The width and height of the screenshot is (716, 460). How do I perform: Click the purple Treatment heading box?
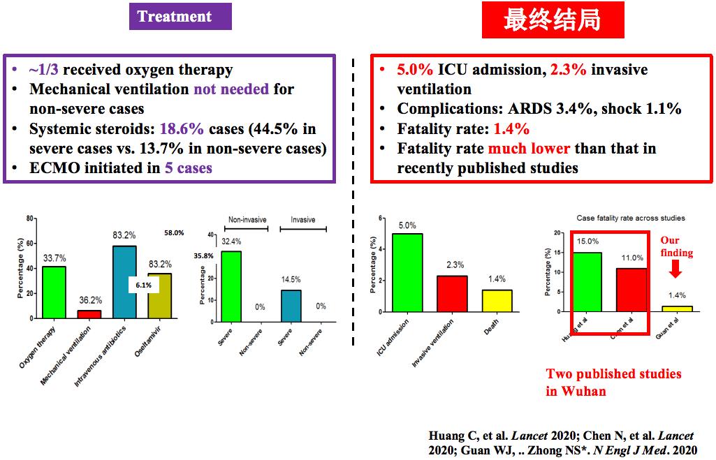pyautogui.click(x=180, y=17)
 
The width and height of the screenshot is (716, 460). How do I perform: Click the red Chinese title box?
pyautogui.click(x=553, y=20)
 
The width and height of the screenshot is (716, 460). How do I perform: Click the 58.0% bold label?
pyautogui.click(x=174, y=232)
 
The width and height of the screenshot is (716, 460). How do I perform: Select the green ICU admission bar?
pyautogui.click(x=407, y=272)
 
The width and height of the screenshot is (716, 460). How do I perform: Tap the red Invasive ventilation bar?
pyautogui.click(x=452, y=293)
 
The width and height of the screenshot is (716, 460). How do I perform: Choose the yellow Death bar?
pyautogui.click(x=497, y=300)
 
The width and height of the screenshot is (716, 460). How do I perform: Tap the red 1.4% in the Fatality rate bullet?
pyautogui.click(x=511, y=129)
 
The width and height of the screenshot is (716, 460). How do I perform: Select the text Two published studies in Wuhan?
pyautogui.click(x=613, y=382)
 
